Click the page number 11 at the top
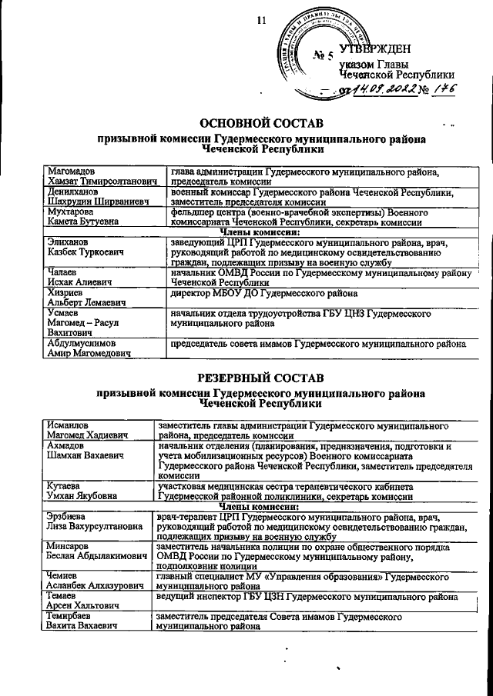click(260, 21)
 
